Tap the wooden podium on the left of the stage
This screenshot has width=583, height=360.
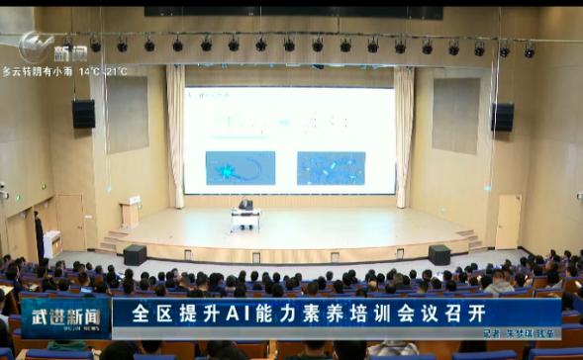point(130,214)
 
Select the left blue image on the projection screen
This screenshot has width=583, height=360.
point(240,167)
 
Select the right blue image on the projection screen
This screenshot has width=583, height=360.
point(331,167)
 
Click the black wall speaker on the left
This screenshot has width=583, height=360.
point(84,114)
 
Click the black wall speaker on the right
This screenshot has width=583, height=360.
point(503,117)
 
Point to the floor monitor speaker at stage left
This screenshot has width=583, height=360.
point(135,254)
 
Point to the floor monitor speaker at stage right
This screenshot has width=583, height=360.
point(438,254)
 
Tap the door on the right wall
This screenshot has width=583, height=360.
point(508,221)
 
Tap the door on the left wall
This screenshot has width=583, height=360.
point(70,221)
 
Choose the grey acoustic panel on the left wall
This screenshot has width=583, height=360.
point(127,115)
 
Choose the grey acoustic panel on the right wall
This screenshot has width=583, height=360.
point(455,115)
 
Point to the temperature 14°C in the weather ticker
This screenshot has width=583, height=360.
point(86,71)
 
